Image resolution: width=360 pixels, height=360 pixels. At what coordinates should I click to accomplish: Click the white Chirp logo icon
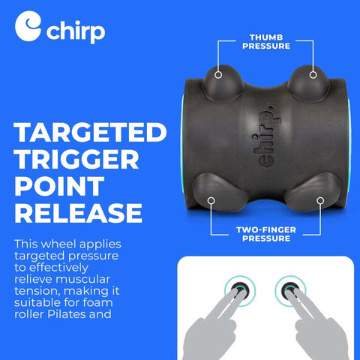click(28, 28)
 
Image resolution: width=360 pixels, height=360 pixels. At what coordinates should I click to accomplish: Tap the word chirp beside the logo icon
click(76, 32)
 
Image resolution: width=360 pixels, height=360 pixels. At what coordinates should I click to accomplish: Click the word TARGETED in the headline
click(90, 134)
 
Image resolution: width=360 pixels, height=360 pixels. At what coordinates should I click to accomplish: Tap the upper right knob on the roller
click(313, 77)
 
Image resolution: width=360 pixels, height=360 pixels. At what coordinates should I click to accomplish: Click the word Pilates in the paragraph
click(89, 313)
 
